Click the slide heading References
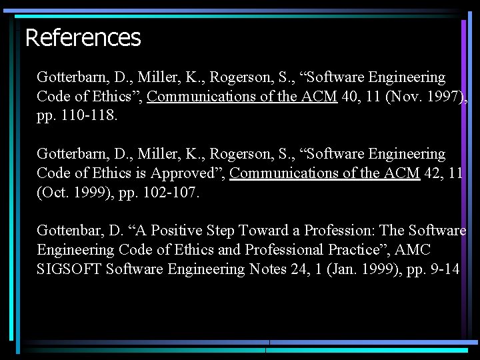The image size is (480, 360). tap(83, 37)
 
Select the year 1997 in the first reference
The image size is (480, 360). tap(443, 97)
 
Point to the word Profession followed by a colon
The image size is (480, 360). tap(340, 231)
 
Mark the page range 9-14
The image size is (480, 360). tap(443, 269)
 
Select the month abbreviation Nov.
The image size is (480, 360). tap(407, 97)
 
